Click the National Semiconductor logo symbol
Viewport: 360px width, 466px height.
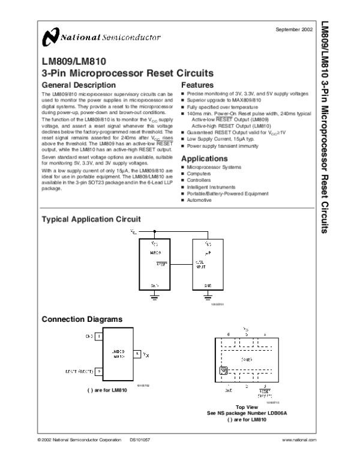tap(50, 38)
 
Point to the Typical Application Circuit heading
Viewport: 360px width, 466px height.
tap(90, 220)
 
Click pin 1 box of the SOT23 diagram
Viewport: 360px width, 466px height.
tap(98, 337)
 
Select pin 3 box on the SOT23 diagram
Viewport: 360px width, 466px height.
tap(137, 354)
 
